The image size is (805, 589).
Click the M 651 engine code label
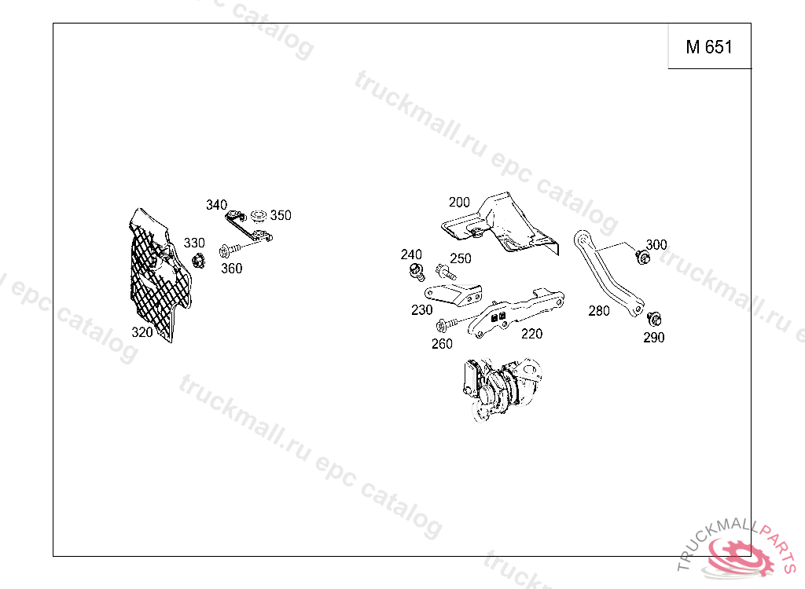click(x=709, y=47)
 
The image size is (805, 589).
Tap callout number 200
click(x=459, y=203)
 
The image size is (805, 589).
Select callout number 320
click(x=142, y=332)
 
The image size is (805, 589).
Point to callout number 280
click(x=598, y=311)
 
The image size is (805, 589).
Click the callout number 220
click(x=532, y=334)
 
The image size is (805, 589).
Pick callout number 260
click(x=442, y=344)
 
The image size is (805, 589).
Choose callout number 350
click(x=281, y=215)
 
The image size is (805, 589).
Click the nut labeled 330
click(x=198, y=262)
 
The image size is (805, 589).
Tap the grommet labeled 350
click(x=258, y=216)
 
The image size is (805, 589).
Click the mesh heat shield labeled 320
click(x=159, y=275)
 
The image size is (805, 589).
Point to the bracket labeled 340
click(x=248, y=226)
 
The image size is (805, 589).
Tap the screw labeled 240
click(x=417, y=272)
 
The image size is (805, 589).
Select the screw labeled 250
click(x=445, y=272)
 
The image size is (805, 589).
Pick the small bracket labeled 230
click(x=454, y=294)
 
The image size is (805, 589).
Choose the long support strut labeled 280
click(x=608, y=273)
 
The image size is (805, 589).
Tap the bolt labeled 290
click(x=654, y=319)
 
